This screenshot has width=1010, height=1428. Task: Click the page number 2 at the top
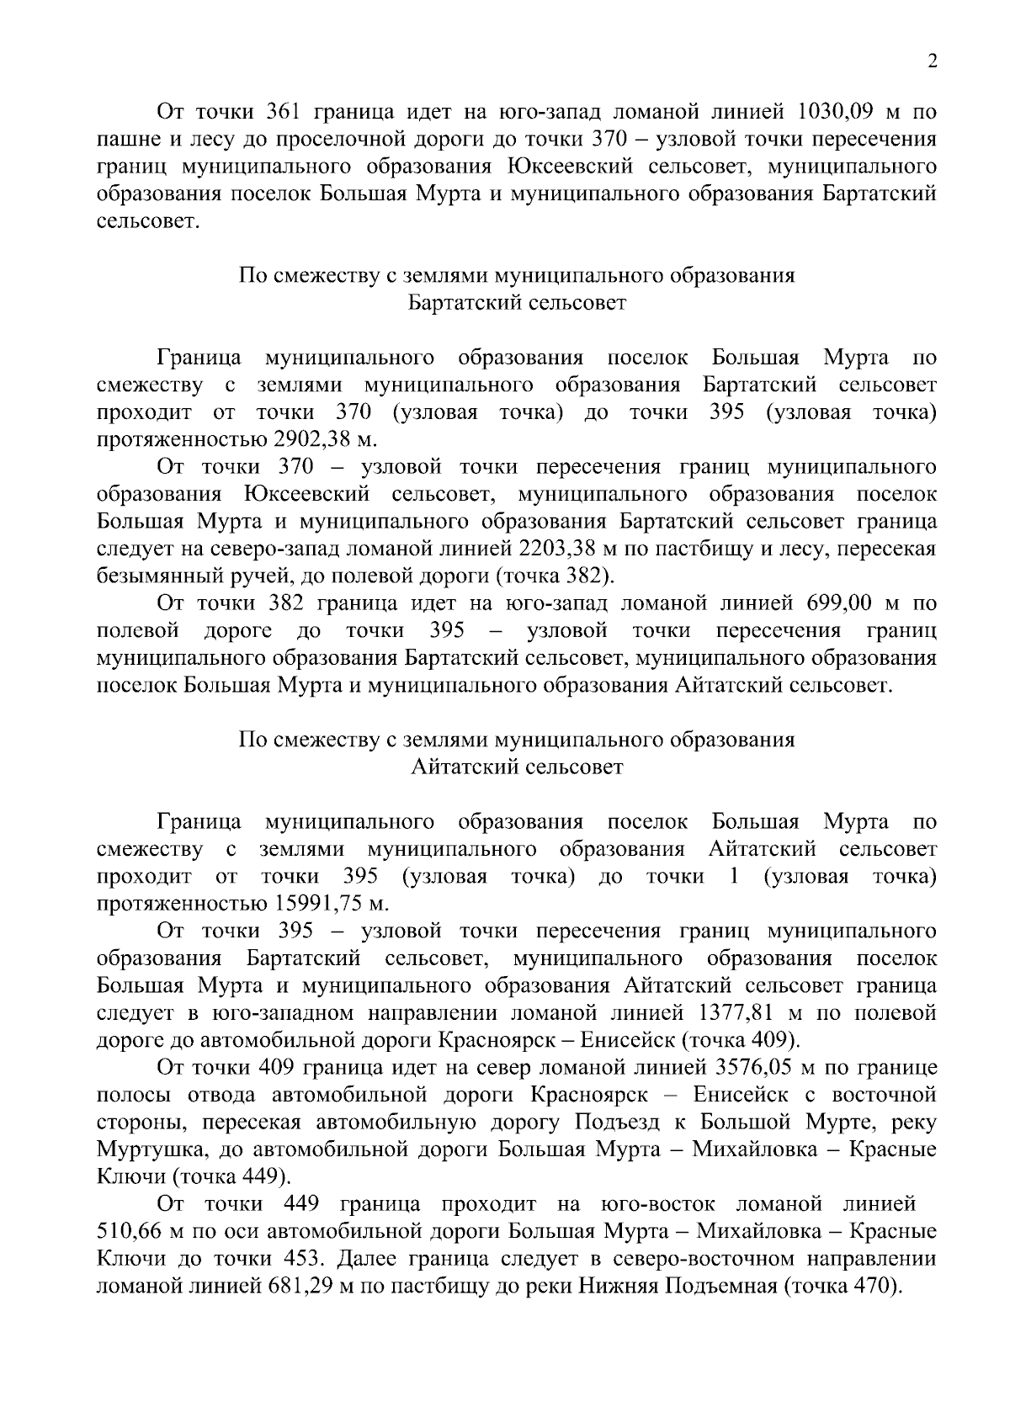931,61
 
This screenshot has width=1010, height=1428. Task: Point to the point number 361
278,112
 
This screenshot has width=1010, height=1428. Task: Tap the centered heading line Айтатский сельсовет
518,767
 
